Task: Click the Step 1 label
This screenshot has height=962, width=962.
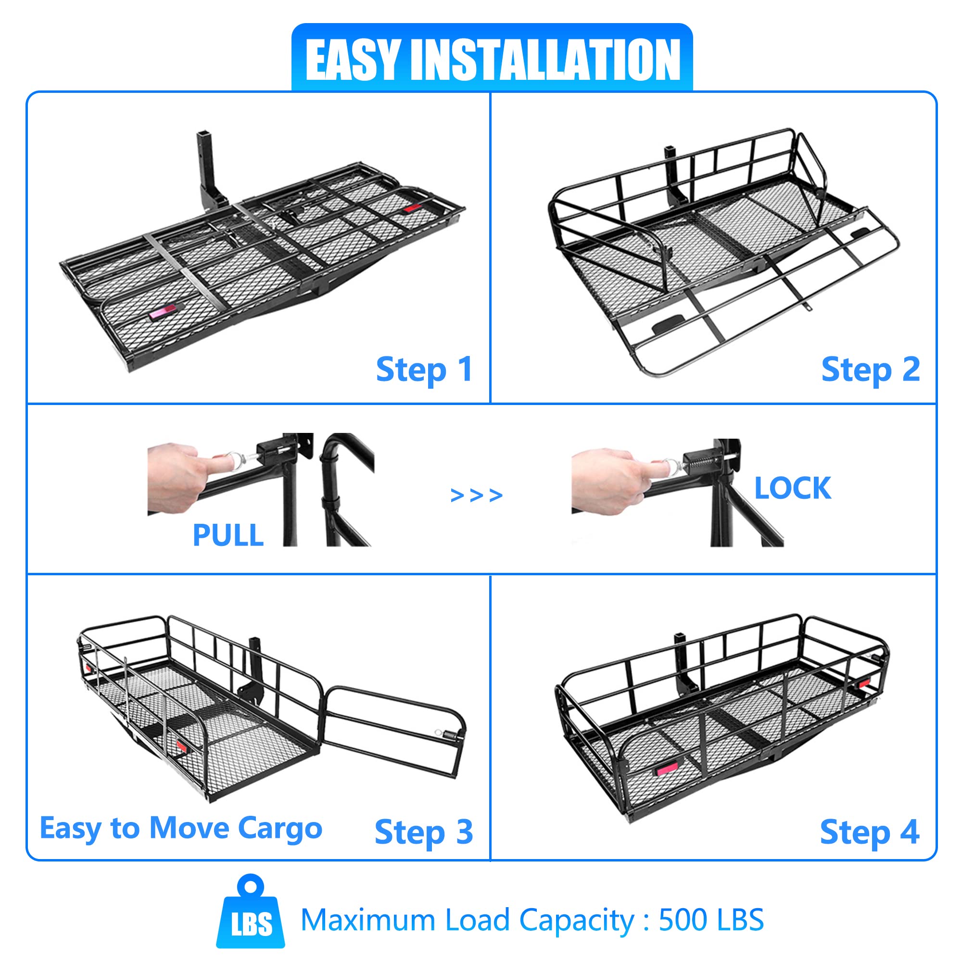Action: click(424, 370)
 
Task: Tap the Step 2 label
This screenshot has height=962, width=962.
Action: click(870, 370)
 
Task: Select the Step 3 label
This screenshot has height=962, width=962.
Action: click(423, 832)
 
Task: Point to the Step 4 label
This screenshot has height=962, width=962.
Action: click(869, 832)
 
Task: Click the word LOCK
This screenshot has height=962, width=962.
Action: click(792, 488)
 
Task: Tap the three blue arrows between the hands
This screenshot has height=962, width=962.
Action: click(476, 495)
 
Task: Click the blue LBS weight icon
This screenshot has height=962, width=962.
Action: click(251, 912)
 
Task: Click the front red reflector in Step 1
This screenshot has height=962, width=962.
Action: click(162, 313)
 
